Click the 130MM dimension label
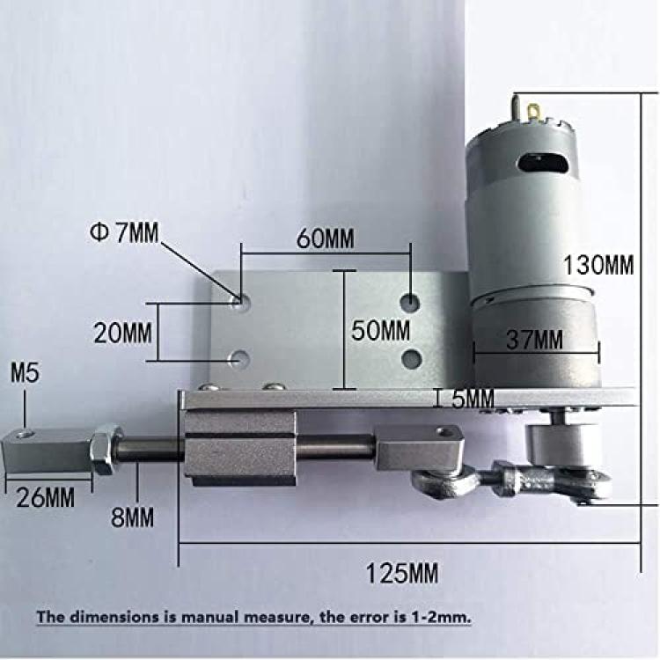pos(598,265)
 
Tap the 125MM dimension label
pos(401,573)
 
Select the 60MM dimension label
pos(325,238)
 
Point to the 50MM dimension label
pos(380,330)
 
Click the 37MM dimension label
pos(534,340)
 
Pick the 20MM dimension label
pos(122,333)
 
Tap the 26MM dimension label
pos(45,497)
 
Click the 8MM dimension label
pos(132,517)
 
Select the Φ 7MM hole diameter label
pos(125,232)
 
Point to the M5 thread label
pos(25,373)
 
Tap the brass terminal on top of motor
pos(534,113)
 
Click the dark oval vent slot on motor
pos(543,164)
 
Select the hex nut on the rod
pos(106,450)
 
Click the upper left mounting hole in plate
pos(242,302)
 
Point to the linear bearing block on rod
pos(240,448)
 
